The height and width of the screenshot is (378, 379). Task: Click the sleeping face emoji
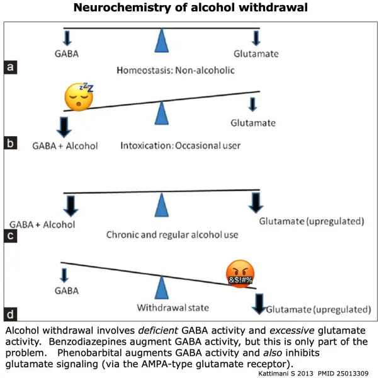[x=79, y=97]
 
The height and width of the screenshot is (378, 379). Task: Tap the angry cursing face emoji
[x=240, y=274]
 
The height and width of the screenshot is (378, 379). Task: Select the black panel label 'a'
[x=11, y=67]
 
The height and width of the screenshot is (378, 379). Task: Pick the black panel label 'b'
[x=11, y=143]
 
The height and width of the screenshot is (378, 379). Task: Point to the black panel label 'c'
[x=11, y=236]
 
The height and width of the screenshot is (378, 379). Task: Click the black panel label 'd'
[x=11, y=314]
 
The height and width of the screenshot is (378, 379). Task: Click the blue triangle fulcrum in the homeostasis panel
[x=162, y=40]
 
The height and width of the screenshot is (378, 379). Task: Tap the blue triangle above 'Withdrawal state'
[x=162, y=287]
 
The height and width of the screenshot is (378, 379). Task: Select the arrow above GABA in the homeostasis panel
[x=67, y=38]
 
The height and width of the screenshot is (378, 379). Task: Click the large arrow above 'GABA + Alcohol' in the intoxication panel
[x=64, y=127]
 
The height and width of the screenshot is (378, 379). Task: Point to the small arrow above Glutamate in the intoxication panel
[x=253, y=105]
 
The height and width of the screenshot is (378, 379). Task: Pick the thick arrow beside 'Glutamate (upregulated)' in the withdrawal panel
[x=259, y=304]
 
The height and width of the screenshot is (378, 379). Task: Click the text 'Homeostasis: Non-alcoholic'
[x=176, y=71]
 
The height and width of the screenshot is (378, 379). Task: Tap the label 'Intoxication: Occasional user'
[x=181, y=146]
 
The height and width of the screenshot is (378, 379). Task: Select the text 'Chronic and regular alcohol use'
[x=173, y=234]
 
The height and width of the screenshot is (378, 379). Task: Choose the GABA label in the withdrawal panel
[x=67, y=290]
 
